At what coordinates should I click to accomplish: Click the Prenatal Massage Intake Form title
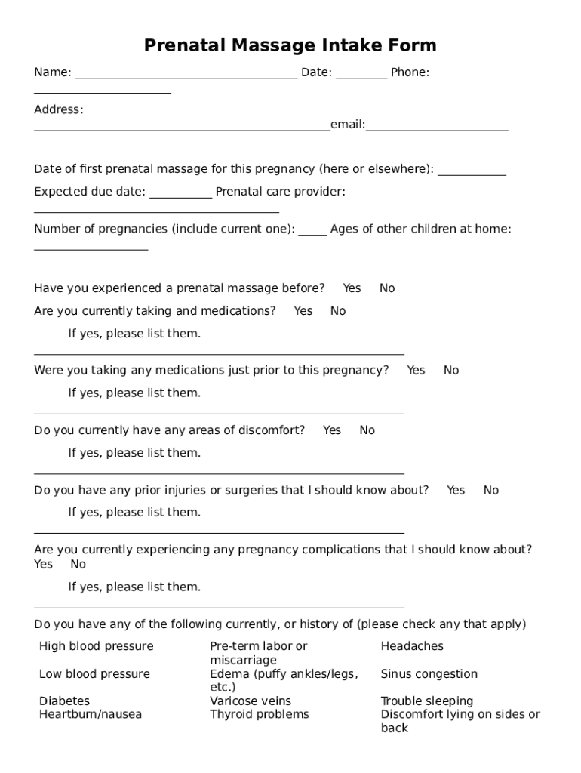[290, 45]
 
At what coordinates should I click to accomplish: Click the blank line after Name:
[186, 75]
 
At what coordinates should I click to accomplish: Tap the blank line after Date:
[361, 75]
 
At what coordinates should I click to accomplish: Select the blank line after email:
[437, 128]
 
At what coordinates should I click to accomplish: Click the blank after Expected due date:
[181, 196]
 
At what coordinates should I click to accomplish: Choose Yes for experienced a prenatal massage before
[352, 288]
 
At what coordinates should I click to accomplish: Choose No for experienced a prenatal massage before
[387, 288]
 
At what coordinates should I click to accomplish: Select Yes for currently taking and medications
[303, 311]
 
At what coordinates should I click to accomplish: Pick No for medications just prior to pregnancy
[451, 371]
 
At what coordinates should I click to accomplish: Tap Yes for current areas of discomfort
[332, 430]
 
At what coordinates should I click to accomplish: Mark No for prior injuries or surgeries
[491, 491]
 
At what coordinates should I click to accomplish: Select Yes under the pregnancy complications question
[44, 565]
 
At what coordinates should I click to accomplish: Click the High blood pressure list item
[96, 646]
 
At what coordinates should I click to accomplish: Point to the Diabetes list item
[64, 701]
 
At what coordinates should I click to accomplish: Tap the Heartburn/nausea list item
[91, 714]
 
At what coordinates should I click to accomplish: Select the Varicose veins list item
[251, 701]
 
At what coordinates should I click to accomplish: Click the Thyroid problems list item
[260, 714]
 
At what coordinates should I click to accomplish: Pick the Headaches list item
[412, 646]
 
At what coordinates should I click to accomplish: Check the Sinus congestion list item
[429, 674]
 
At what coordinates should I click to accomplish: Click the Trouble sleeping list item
[427, 701]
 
